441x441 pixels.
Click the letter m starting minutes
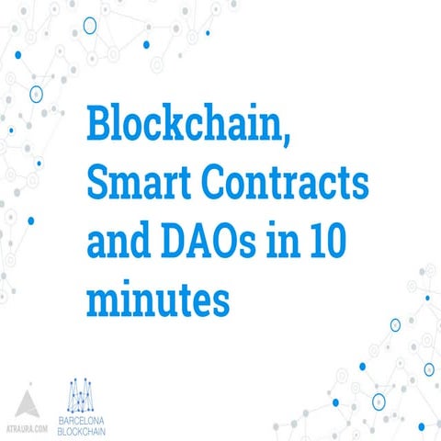pos(104,300)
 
